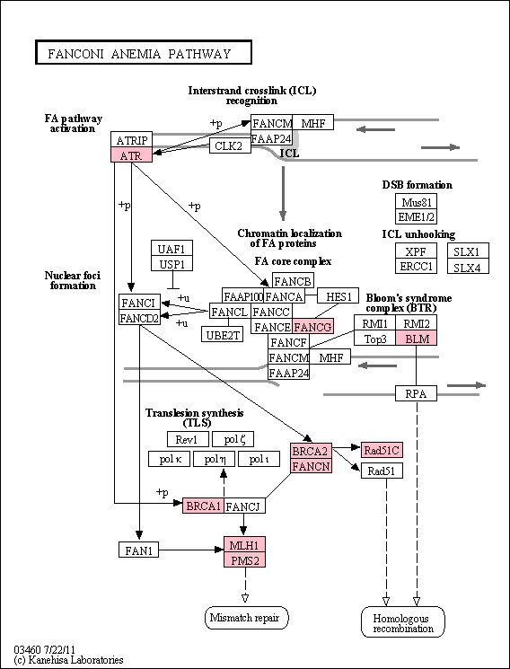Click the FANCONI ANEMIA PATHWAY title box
coord(144,52)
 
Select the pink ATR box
coord(131,154)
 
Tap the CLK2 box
coord(229,145)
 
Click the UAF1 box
coord(171,249)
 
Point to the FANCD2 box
coord(139,317)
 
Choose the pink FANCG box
coord(312,326)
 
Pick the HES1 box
coord(339,296)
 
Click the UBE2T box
coord(223,334)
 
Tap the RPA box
coord(416,393)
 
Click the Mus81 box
coord(416,201)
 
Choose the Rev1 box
coord(189,439)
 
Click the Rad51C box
coord(382,449)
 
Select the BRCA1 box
coord(203,506)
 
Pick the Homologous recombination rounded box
coord(403,622)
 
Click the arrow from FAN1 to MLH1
coord(191,550)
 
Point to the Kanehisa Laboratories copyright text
coord(69,660)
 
